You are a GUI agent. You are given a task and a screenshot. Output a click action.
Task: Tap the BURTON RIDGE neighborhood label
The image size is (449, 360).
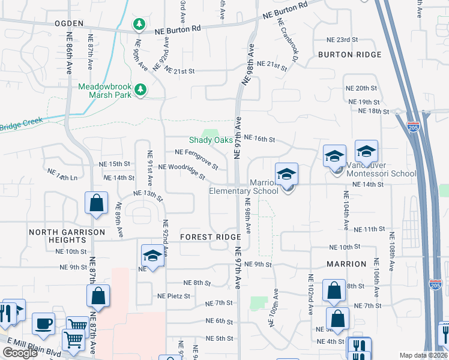pos(350,55)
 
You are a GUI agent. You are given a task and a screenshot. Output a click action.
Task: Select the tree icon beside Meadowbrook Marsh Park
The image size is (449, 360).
pos(140,89)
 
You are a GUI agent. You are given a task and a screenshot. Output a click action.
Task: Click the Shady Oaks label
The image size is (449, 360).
pos(211,140)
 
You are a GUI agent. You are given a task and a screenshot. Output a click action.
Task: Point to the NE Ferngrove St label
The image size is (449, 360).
pos(196,157)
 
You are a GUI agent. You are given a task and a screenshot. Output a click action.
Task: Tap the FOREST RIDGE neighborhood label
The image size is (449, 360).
pos(210,237)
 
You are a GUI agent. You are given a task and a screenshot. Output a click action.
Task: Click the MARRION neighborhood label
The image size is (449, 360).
pos(346,264)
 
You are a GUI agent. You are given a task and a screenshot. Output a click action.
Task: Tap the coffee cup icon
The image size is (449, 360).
pos(43,324)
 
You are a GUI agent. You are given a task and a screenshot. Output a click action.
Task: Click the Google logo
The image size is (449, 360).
pos(20,353)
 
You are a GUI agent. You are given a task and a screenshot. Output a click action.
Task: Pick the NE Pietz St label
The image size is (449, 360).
pos(173,296)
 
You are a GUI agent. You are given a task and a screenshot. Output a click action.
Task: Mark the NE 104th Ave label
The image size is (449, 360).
pos(346,210)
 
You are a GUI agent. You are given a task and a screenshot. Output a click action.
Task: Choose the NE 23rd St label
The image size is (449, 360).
pos(342,39)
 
